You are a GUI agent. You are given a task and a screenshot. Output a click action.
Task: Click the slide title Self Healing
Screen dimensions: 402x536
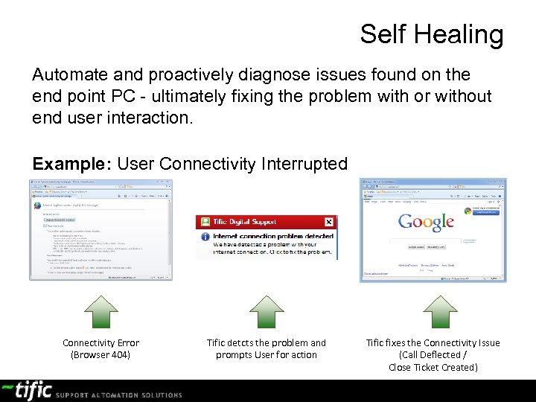tap(431, 34)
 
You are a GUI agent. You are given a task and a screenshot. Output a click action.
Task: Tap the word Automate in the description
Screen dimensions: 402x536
tap(69, 74)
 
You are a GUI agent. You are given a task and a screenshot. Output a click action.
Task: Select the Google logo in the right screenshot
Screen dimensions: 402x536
tap(426, 222)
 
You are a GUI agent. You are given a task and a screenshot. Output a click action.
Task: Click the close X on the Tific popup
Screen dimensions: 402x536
tap(329, 222)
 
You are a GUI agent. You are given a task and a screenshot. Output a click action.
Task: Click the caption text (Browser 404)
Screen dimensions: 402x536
tap(100, 355)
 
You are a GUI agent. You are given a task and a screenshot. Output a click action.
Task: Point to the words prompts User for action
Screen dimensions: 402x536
tap(266, 355)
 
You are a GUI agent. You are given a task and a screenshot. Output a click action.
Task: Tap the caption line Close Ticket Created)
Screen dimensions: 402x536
tap(433, 367)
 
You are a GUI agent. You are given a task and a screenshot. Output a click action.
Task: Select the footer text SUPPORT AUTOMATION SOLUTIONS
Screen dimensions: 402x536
tap(118, 395)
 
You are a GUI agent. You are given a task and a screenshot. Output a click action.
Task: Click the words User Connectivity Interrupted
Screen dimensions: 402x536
tap(232, 163)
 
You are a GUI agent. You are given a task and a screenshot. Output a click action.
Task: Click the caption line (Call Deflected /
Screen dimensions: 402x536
tap(433, 355)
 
